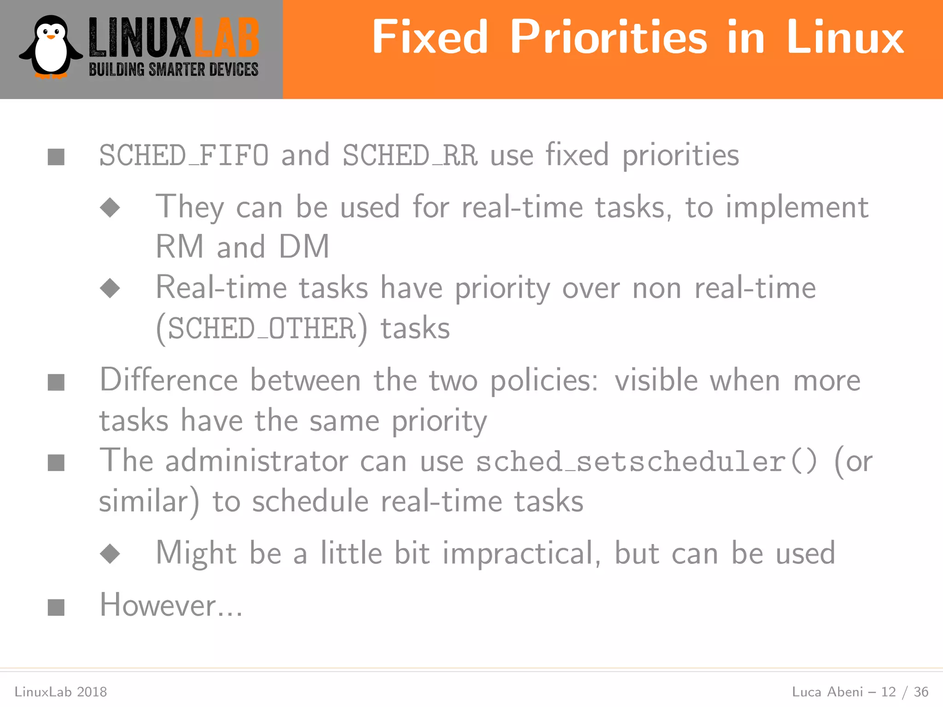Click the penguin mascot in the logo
[51, 47]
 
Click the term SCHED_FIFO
[184, 156]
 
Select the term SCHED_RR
[410, 156]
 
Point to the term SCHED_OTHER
[262, 329]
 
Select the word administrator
[257, 461]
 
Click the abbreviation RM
[180, 247]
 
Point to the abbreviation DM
[304, 247]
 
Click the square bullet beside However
[56, 607]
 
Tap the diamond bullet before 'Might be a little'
[110, 554]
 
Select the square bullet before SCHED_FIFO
[56, 157]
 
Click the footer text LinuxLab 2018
[61, 692]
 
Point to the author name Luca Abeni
[827, 692]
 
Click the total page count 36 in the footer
[921, 692]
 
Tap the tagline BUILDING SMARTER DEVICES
[174, 70]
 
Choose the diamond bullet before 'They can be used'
[110, 208]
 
